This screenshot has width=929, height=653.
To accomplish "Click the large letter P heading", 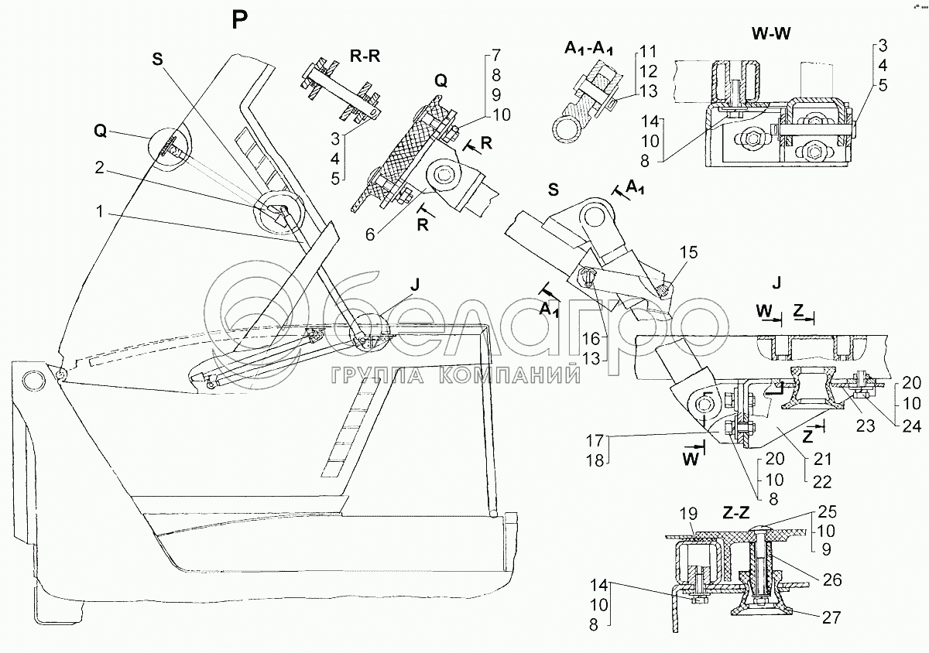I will [241, 20].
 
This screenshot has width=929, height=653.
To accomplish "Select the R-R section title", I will [345, 56].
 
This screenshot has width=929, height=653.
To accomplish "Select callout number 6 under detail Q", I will [370, 232].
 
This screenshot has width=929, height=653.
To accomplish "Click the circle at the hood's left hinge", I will [33, 380].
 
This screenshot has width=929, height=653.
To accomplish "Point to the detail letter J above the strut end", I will [415, 284].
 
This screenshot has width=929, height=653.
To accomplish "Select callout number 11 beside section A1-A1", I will [647, 52].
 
